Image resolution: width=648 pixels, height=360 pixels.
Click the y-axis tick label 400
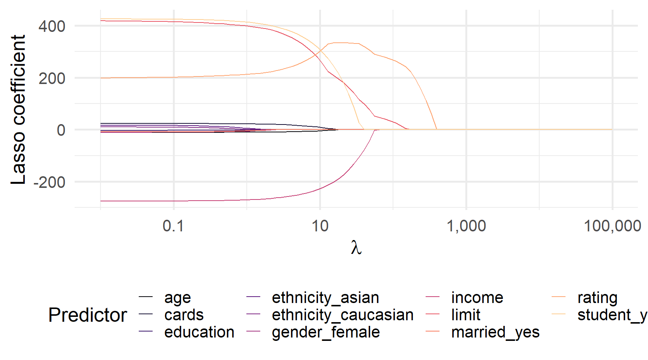pos(52,26)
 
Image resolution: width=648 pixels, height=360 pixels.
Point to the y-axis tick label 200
pos(52,78)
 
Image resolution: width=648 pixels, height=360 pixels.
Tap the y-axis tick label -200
pos(49,182)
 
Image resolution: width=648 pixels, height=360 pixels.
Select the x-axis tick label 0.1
pos(173,226)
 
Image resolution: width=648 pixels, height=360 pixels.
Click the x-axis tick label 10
pos(320,226)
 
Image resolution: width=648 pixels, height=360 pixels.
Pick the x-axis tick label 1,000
pos(466,226)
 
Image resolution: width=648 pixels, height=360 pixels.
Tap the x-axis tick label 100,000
pos(612,226)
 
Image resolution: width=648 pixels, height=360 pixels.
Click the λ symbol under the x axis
pos(356,248)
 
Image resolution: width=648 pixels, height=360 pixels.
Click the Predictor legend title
pos(88,315)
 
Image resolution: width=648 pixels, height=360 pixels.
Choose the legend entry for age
pos(177,298)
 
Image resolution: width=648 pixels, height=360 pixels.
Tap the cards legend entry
pos(184,315)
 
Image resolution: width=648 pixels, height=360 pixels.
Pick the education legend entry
pos(199,332)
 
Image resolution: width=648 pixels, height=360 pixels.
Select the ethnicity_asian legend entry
pos(325,298)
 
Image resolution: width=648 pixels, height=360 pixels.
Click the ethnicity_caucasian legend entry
pos(342,315)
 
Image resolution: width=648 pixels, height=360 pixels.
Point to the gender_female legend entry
pos(325,332)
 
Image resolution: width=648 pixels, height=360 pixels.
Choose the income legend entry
pos(477,298)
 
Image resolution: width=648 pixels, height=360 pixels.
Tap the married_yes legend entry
pos(495,332)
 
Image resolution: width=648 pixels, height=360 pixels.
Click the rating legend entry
pos(597,298)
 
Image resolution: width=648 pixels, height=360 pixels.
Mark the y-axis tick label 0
pos(61,130)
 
